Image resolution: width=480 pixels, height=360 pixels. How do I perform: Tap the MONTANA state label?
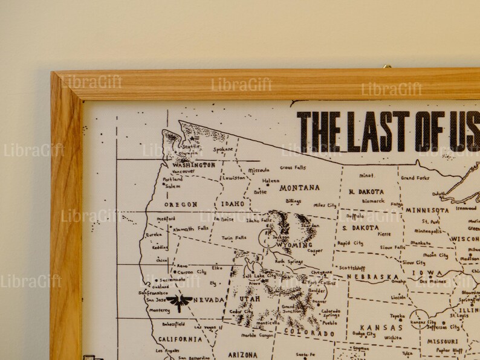299,188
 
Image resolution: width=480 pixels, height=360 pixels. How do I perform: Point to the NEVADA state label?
209,300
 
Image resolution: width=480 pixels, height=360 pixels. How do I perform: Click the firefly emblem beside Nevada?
180,301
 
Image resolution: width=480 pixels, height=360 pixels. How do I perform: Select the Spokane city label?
223,149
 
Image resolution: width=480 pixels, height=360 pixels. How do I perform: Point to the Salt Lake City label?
259,276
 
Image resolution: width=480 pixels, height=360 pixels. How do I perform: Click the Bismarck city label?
373,201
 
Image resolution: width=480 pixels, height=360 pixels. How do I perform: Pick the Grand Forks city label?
415,178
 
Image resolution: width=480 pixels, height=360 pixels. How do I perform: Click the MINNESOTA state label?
427,210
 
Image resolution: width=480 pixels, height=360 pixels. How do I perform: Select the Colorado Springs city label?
330,313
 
